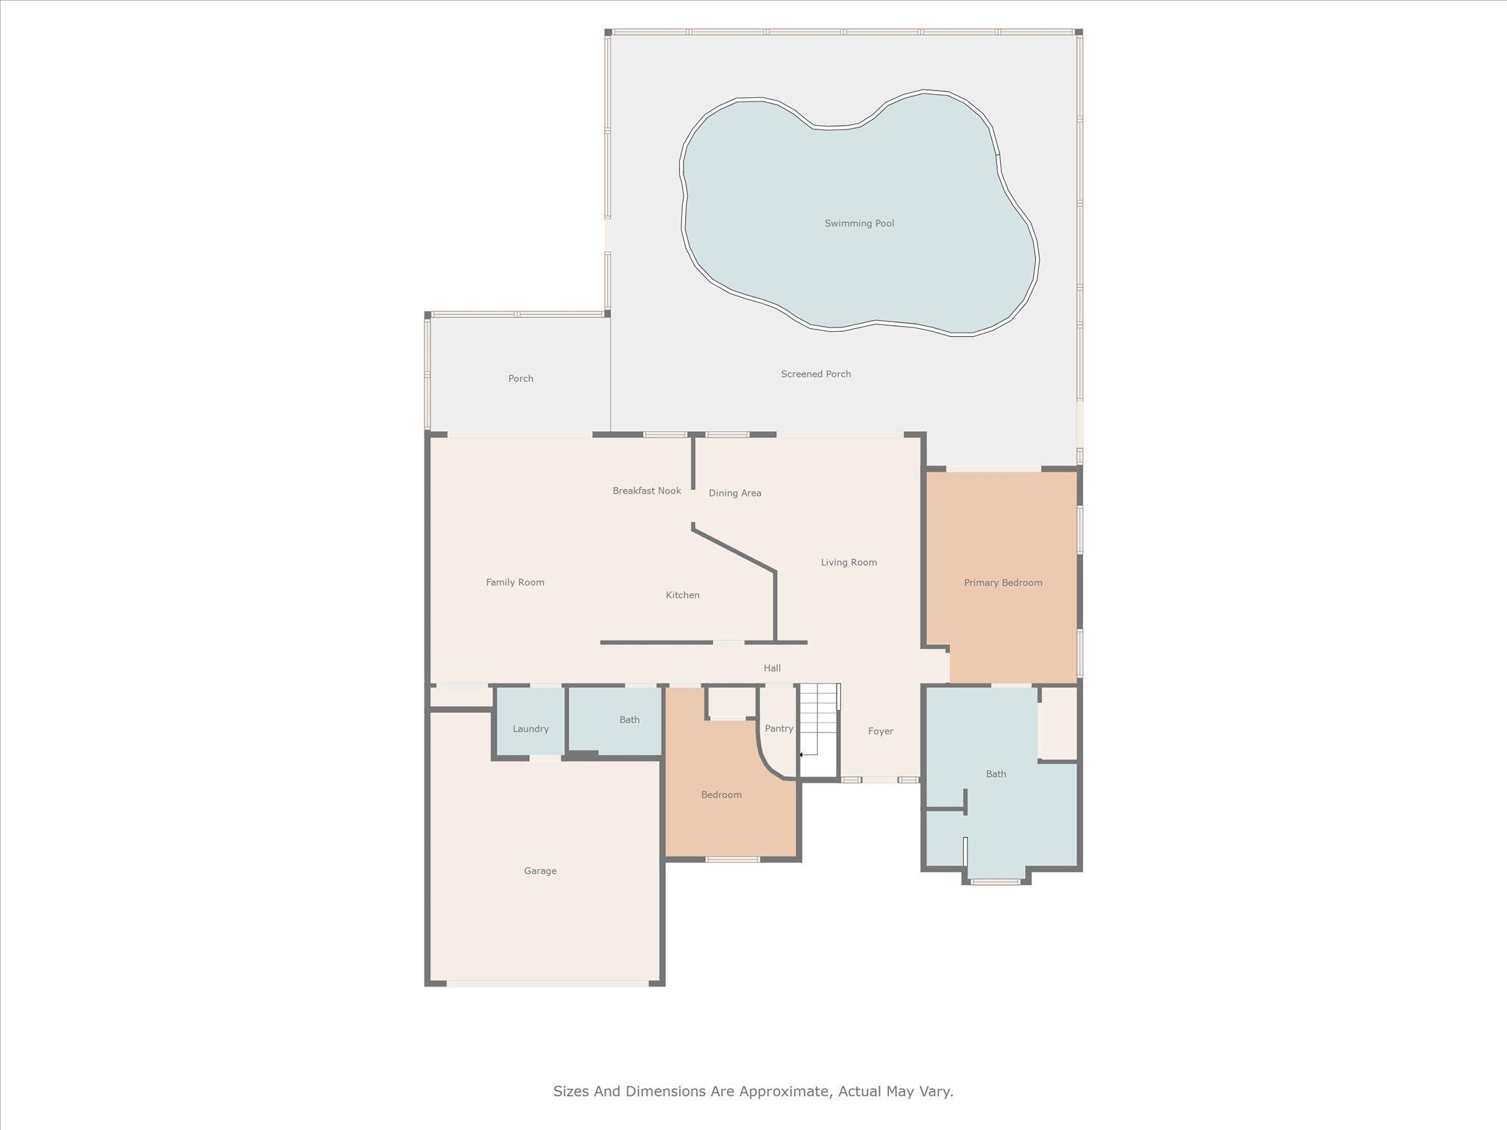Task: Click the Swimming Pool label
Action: (859, 224)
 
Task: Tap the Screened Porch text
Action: (815, 374)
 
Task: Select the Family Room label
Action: (515, 583)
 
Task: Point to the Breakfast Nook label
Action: (647, 491)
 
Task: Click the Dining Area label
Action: (734, 494)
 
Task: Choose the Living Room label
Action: (848, 563)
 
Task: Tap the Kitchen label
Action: (682, 595)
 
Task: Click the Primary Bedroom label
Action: (1003, 583)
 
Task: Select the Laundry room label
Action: (531, 729)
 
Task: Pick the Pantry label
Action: (779, 729)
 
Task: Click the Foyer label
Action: (880, 731)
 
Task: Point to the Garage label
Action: (540, 871)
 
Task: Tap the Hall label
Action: (772, 669)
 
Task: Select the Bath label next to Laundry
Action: (629, 720)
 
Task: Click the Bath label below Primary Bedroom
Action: (996, 774)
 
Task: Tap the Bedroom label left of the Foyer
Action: (721, 795)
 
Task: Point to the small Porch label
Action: (520, 379)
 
